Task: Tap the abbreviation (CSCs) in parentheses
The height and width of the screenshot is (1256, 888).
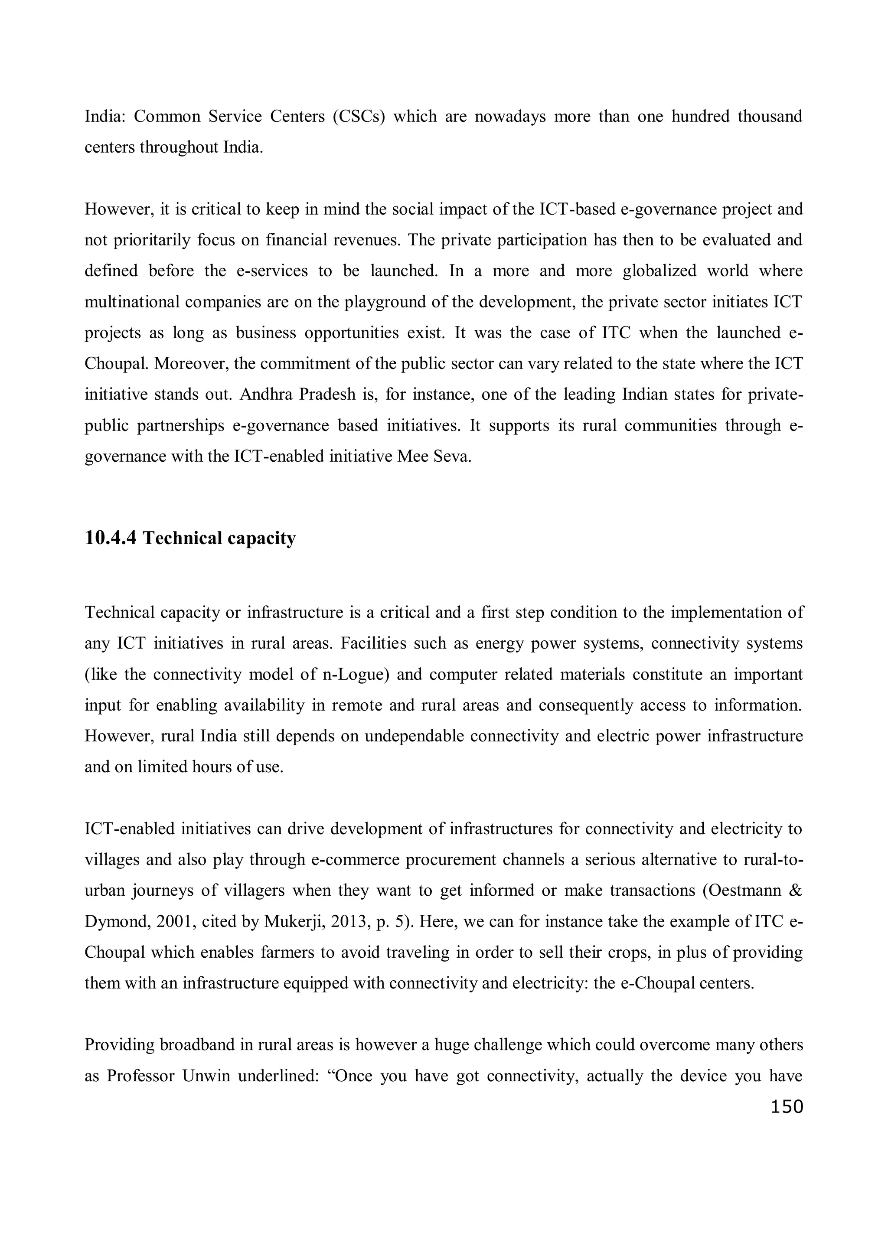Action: (x=359, y=117)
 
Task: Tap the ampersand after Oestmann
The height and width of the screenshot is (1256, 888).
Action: (x=797, y=891)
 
